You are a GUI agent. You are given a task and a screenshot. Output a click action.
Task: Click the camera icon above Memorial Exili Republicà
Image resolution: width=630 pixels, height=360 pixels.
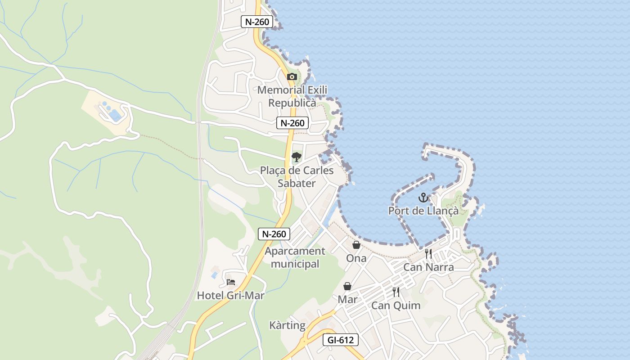coord(292,76)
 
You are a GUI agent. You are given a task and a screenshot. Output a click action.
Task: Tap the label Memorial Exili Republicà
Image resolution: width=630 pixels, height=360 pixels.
coord(292,96)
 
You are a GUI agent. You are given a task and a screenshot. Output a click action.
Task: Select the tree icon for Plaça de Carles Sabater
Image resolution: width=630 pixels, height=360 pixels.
coord(296,157)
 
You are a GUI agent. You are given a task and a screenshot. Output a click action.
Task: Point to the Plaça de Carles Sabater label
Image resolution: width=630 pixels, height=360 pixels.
coord(297,177)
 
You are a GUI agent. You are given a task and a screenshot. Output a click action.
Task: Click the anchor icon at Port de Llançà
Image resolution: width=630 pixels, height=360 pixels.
coord(423,198)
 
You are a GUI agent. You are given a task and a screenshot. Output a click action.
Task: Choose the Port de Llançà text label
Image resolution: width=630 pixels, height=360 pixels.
coord(423,211)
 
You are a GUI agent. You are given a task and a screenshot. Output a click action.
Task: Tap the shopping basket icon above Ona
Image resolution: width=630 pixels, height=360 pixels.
coord(356,245)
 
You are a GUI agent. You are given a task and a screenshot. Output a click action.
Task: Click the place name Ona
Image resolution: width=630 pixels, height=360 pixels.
coord(356,258)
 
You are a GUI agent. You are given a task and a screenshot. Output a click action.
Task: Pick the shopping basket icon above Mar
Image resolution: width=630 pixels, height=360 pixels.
coord(347,286)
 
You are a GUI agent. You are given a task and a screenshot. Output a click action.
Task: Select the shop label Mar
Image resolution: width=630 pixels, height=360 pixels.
coord(347,299)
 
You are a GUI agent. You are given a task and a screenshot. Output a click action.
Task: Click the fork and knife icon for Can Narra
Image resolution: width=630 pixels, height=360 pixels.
coord(428,254)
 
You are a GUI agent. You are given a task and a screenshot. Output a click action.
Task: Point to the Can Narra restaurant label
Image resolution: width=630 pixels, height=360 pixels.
coord(428,267)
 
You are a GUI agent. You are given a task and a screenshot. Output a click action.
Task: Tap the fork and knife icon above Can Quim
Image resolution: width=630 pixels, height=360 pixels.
coord(396,292)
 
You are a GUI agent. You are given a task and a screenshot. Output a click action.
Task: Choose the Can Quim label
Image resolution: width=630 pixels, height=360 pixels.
coord(396,306)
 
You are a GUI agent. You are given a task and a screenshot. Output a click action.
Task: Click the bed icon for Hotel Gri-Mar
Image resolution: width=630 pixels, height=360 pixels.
coord(231,282)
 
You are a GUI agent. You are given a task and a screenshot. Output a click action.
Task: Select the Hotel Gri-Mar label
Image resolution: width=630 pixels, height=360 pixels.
coord(230,296)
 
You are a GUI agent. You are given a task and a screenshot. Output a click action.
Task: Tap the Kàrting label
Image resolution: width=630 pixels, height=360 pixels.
coord(287,325)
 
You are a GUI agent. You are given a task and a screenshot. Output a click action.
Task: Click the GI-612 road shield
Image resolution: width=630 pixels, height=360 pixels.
coord(341,340)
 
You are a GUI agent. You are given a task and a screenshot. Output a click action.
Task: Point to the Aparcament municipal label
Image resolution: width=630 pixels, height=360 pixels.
coord(295,257)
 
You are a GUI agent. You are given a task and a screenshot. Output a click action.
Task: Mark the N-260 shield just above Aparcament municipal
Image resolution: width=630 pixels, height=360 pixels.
coord(274,234)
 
